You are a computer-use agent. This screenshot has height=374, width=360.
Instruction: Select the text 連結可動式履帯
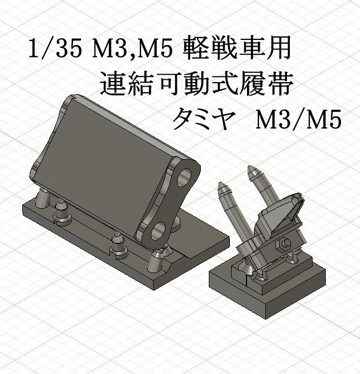click(196, 84)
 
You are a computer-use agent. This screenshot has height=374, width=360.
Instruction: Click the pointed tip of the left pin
click(221, 185)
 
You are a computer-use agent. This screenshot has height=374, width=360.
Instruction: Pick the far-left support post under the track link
click(42, 200)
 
